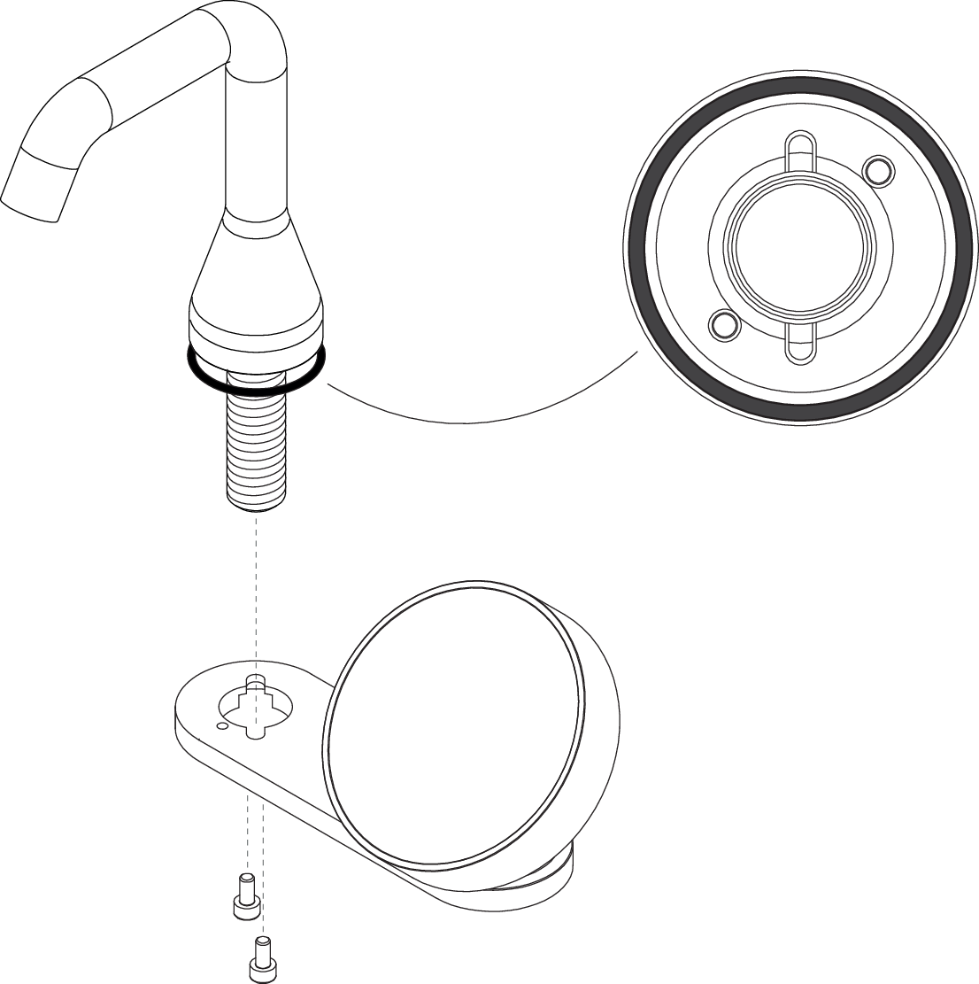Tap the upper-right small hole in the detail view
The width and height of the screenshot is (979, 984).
[876, 169]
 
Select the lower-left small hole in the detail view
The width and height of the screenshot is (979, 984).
[725, 325]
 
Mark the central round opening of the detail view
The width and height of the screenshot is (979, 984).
[800, 247]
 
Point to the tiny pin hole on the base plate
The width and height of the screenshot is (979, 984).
[222, 726]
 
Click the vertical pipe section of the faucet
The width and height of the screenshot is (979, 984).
[256, 142]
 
